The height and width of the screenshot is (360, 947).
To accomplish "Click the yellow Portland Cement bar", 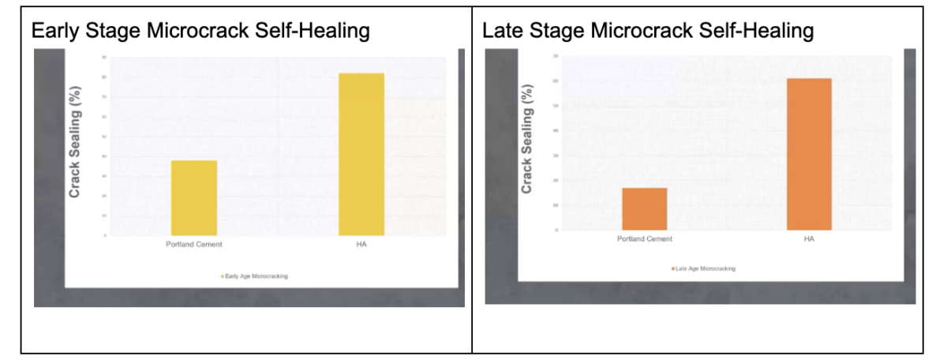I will point(193,197).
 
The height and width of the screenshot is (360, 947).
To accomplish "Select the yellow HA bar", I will point(361,154).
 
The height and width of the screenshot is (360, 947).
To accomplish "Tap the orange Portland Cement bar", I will point(645,208).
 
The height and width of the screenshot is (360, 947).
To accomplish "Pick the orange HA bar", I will point(809,154).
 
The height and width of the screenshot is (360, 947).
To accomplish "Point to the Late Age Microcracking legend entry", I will point(704,268).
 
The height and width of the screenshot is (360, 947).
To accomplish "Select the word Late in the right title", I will point(500,32).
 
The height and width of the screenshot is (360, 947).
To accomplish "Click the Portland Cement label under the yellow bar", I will point(193,245).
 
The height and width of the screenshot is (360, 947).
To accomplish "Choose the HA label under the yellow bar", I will point(361,245).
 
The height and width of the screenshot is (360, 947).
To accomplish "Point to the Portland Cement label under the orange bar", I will point(645,238).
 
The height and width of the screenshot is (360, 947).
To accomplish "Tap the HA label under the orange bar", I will point(809,238).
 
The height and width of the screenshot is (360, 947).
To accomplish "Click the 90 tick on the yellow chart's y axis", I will point(103,58).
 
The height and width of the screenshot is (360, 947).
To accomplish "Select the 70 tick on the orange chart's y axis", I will point(555,57).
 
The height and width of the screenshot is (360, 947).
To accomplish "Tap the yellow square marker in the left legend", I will point(223,276).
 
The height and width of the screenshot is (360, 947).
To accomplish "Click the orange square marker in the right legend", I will point(672,268).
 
